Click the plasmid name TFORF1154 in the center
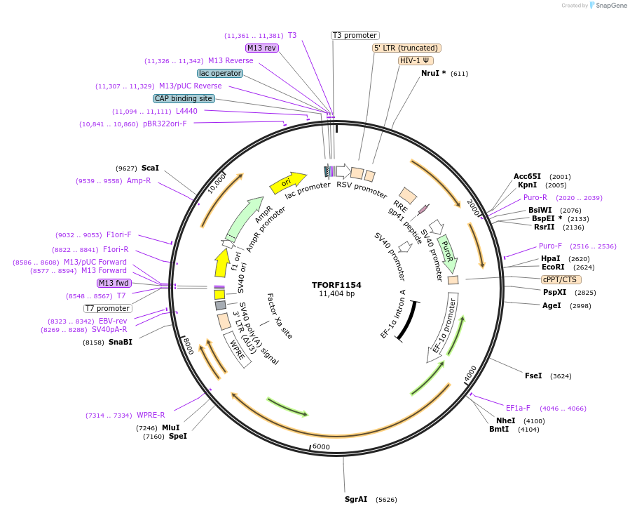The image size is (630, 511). [x=336, y=285]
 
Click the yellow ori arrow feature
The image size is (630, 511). [x=288, y=183]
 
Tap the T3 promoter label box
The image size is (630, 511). [x=355, y=35]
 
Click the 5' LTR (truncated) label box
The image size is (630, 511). [x=406, y=48]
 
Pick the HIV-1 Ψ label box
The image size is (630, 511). [x=415, y=60]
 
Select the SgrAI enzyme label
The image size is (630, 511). [x=356, y=500]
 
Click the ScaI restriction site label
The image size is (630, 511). [x=150, y=168]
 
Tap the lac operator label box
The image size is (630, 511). [x=220, y=73]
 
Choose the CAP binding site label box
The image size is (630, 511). [x=184, y=99]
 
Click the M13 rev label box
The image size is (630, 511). [x=261, y=48]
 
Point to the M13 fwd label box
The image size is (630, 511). [x=114, y=283]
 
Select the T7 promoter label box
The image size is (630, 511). [x=107, y=308]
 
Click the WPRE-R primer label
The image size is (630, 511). [x=151, y=415]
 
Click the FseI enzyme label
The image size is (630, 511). [x=533, y=376]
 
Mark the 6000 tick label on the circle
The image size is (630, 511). [x=320, y=447]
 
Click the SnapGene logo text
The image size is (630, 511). [x=610, y=6]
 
